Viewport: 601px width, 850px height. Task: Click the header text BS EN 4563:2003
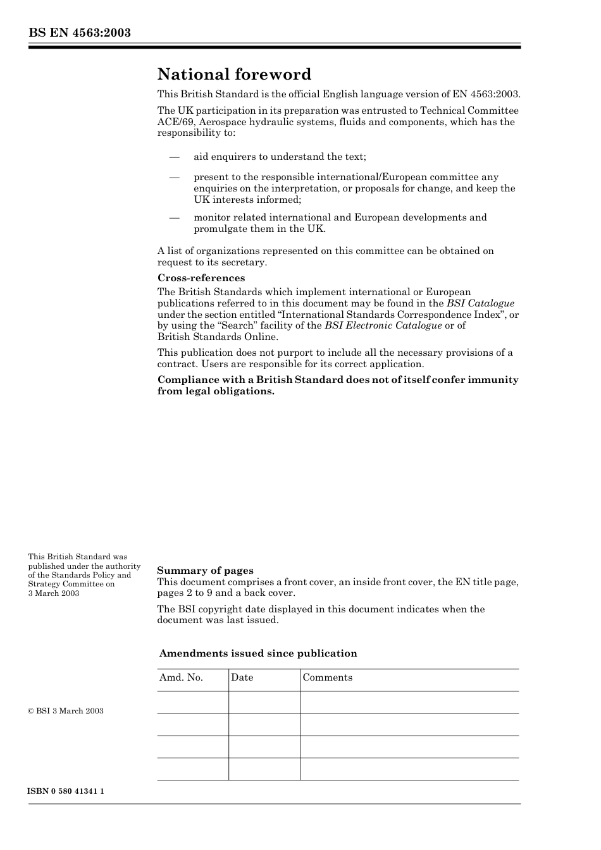(79, 33)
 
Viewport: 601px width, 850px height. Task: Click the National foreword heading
(234, 75)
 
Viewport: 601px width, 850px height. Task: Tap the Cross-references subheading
(201, 278)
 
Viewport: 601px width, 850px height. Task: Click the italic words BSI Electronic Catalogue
(383, 325)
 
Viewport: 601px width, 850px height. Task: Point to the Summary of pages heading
(205, 571)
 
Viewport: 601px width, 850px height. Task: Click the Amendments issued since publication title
(258, 653)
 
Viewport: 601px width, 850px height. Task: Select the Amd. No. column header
(181, 677)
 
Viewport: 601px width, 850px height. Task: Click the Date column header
(242, 677)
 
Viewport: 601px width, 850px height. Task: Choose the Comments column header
(327, 677)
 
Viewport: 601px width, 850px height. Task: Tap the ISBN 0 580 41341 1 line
(66, 791)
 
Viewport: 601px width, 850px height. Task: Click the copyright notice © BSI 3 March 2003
(66, 711)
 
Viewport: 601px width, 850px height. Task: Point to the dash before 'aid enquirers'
(174, 157)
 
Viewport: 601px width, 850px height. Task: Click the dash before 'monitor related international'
(174, 217)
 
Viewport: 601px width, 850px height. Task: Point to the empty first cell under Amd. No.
(192, 702)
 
